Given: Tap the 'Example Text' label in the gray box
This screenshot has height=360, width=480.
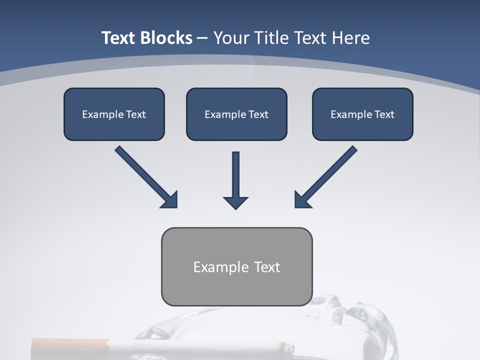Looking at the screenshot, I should [236, 267].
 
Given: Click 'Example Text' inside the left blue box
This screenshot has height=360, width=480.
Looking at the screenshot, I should [114, 114].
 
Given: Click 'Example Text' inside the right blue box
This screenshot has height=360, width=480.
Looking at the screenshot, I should [362, 114].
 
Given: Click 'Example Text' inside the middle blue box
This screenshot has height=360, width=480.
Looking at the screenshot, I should [236, 114].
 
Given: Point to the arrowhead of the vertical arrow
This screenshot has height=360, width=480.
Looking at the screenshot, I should [235, 202].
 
